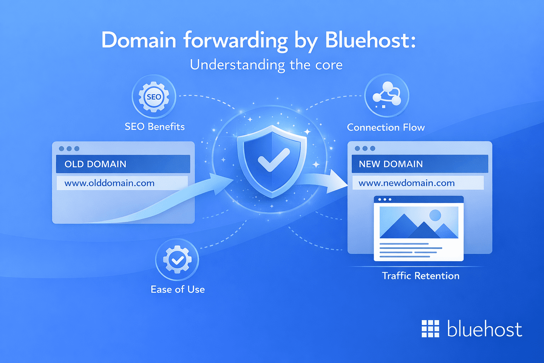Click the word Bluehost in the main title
click(x=370, y=40)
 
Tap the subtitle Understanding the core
click(x=266, y=65)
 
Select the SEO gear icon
click(x=154, y=97)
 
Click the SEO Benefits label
click(x=154, y=127)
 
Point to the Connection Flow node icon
click(x=386, y=95)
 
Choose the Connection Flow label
click(x=386, y=127)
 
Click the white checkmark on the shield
click(x=273, y=160)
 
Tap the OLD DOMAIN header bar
click(x=123, y=164)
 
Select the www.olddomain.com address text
click(x=109, y=183)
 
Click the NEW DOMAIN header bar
click(x=420, y=164)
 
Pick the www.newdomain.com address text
click(x=407, y=183)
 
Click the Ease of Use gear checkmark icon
click(x=177, y=260)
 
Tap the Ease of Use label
click(x=177, y=289)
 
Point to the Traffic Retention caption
click(x=420, y=276)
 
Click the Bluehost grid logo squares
click(x=430, y=329)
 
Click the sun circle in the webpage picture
click(x=435, y=215)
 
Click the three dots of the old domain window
click(x=69, y=149)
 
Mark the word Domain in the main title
click(x=139, y=40)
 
